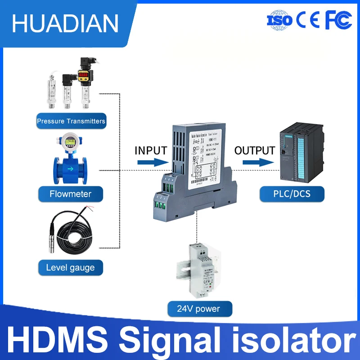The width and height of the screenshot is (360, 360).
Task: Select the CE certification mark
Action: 308,20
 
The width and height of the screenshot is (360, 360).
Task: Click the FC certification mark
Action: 338,20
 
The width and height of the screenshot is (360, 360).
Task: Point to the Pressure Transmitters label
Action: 71,121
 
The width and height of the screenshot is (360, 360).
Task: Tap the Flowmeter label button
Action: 70,194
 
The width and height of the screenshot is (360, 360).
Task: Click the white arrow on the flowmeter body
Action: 70,169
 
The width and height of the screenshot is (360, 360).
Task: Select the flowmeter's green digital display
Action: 70,142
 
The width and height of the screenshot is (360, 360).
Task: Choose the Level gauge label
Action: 70,268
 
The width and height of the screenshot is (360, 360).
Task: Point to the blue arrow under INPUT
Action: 151,162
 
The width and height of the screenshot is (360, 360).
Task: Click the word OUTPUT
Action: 255,150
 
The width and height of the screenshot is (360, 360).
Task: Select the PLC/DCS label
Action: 292,194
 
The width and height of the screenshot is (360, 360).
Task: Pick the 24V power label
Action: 199,309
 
